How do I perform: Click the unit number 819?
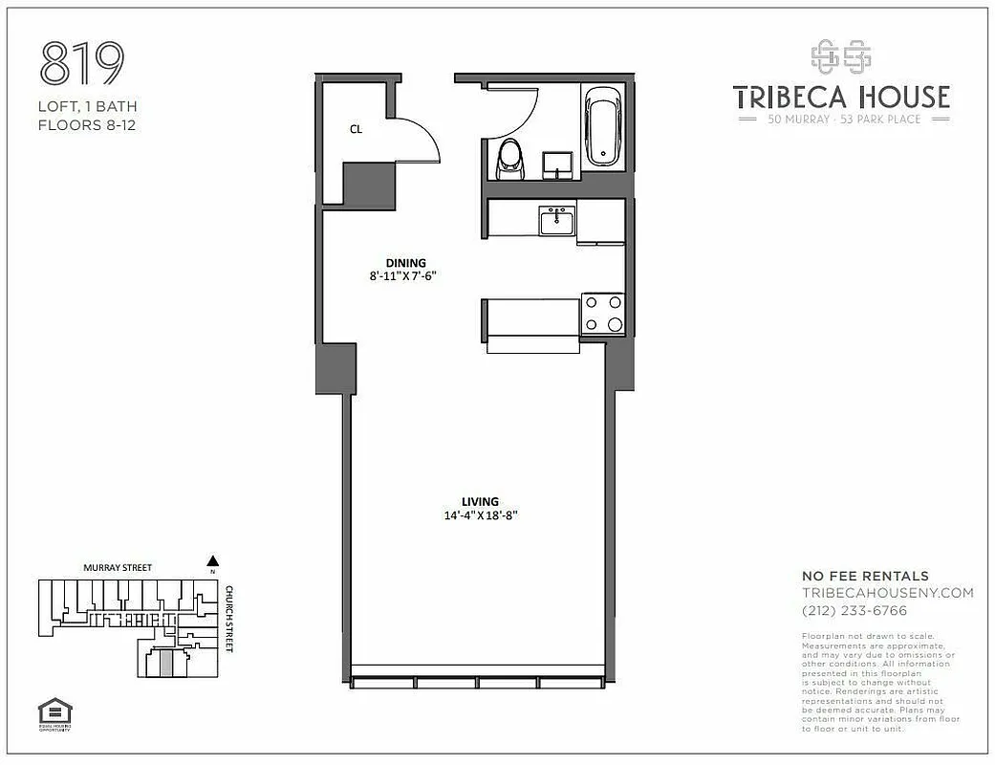point(82,64)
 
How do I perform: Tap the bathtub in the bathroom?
point(602,126)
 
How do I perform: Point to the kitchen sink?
point(556,221)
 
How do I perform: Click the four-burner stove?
point(603,314)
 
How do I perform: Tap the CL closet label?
point(356,129)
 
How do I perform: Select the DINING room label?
point(405,263)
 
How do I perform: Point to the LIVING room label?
point(479,501)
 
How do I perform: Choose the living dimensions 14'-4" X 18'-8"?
point(479,515)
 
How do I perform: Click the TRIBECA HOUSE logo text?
point(840,97)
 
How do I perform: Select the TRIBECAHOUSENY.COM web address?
point(887,593)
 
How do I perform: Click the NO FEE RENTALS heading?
point(864,576)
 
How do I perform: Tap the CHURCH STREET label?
point(230,619)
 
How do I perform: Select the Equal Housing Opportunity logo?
point(54,712)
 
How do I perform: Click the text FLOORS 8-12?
point(86,124)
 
